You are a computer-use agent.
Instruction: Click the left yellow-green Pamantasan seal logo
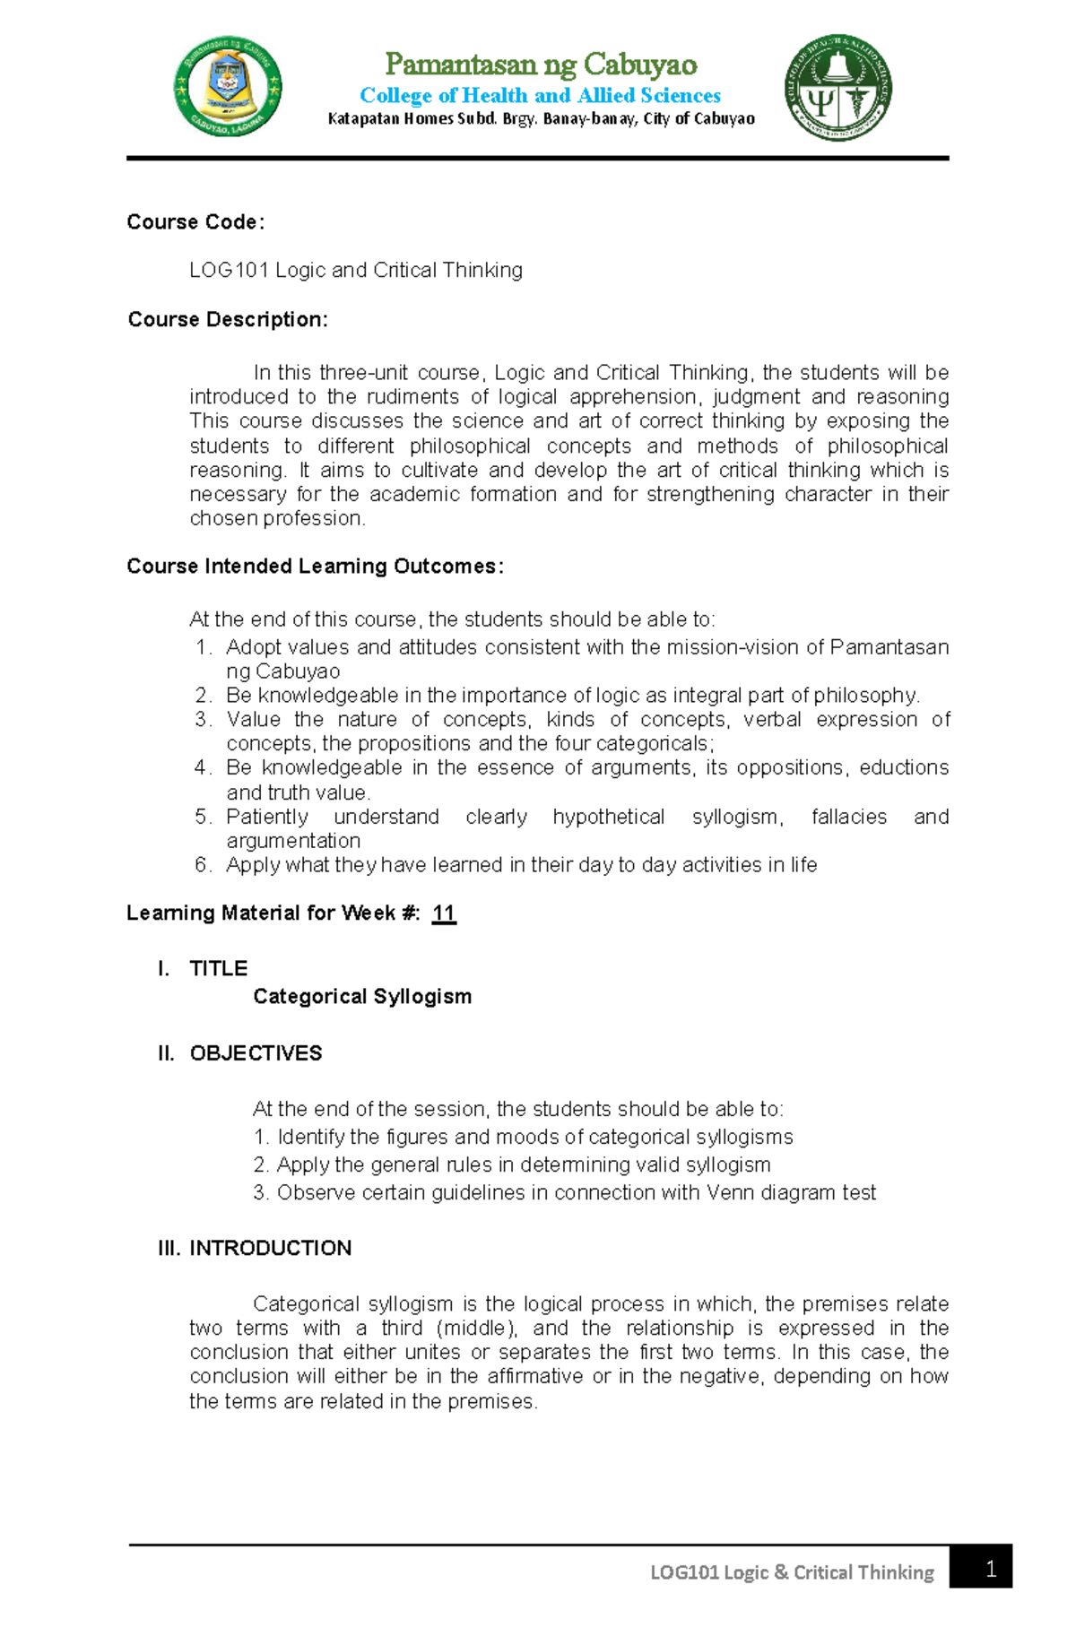click(x=228, y=87)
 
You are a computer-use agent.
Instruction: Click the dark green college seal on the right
click(x=838, y=88)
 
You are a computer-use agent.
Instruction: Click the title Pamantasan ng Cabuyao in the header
click(x=541, y=65)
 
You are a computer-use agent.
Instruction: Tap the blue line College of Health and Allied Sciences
click(x=540, y=95)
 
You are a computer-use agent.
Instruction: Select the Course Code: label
click(x=195, y=222)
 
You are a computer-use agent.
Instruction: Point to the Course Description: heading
click(x=228, y=319)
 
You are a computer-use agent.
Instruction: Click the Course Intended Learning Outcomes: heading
click(x=315, y=567)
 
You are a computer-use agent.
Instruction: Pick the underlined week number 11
click(x=444, y=913)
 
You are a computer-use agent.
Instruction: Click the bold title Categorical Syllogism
click(x=362, y=996)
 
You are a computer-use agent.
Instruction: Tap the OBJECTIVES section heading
click(x=256, y=1052)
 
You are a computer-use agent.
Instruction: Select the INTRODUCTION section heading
click(x=270, y=1248)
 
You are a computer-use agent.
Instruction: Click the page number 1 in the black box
click(x=991, y=1569)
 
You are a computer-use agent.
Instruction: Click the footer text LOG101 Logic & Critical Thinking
click(x=792, y=1572)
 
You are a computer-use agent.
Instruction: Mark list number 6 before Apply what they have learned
click(x=203, y=865)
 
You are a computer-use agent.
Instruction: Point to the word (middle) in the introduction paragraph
click(x=476, y=1328)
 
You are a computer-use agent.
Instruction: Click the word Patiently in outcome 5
click(x=267, y=817)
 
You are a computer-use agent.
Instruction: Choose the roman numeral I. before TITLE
click(x=163, y=968)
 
